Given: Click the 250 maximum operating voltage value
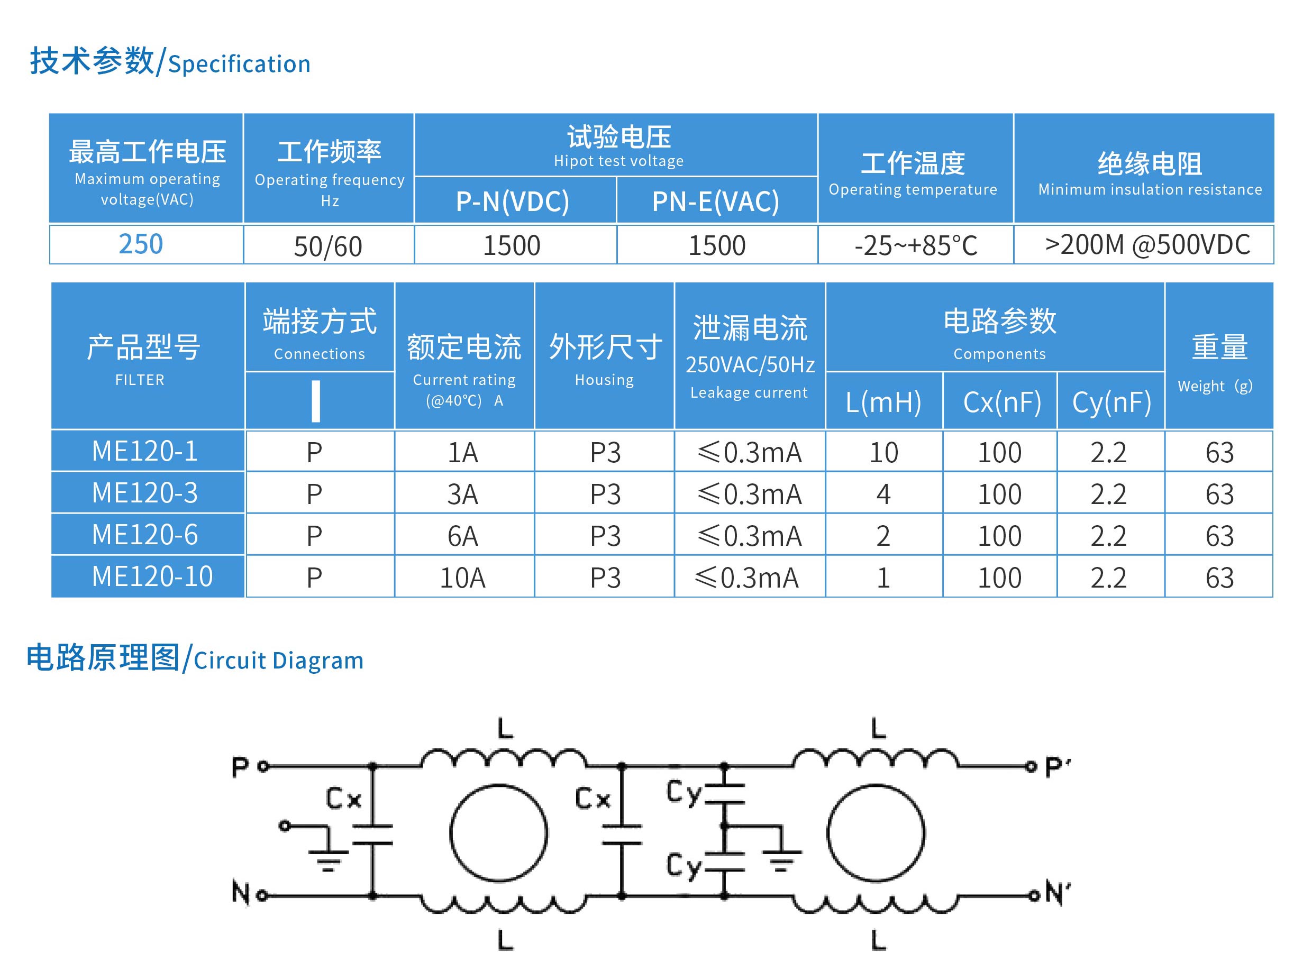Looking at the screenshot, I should (x=141, y=244).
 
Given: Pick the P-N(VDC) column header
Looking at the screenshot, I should (x=513, y=201).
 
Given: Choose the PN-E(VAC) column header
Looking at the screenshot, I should (x=715, y=201).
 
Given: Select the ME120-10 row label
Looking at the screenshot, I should (x=152, y=576).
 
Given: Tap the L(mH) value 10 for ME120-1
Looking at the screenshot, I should (x=883, y=453).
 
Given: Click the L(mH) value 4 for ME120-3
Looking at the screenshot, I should (x=883, y=494).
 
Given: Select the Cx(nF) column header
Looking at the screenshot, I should (x=1001, y=402).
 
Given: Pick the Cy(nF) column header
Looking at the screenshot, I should (x=1111, y=402).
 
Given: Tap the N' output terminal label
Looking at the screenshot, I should (x=1057, y=893).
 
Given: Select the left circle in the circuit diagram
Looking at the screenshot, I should (x=498, y=833).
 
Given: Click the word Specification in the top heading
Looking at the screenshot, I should (x=239, y=64).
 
